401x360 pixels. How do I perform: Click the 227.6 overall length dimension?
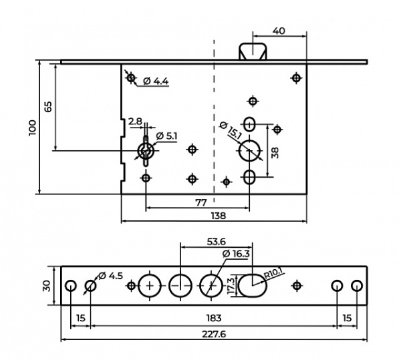coord(214,334)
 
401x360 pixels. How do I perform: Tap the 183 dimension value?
coord(214,318)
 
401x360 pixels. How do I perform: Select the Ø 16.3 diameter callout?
coord(236,254)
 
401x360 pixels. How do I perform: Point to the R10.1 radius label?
coord(274,273)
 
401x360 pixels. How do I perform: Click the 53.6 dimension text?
coord(217,242)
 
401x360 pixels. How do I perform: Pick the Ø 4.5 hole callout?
coord(110,276)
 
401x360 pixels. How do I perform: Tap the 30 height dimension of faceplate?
coord(47,286)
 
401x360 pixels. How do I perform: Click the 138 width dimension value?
coord(219,216)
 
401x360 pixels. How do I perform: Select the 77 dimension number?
coord(200,202)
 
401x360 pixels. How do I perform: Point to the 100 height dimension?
coord(33,128)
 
